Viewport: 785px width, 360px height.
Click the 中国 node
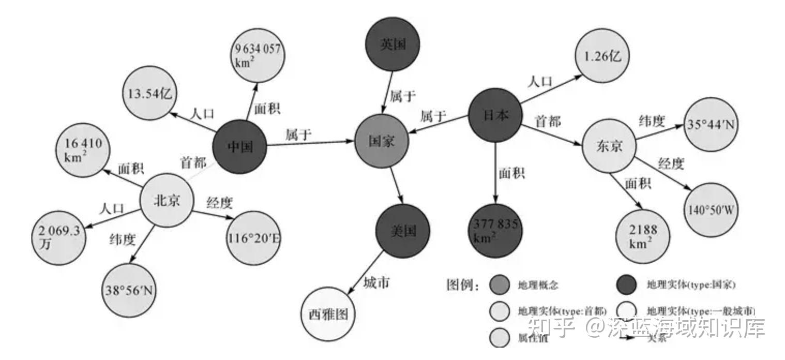coord(240,147)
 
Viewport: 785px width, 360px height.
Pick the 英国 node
coord(392,44)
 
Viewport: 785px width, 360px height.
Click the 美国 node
coord(403,231)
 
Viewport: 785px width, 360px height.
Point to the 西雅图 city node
coord(328,314)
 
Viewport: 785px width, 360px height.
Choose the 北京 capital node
coord(167,200)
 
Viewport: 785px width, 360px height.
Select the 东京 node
coord(609,147)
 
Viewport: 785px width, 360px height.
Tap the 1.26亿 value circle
coord(602,56)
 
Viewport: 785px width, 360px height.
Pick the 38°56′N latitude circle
coord(130,290)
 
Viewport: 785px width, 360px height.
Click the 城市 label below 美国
coord(376,283)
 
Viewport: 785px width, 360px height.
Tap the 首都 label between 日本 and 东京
coord(547,122)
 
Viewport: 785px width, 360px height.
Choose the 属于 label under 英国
coord(403,96)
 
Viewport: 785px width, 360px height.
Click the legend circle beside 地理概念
coord(500,284)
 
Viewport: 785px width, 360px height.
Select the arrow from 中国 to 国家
coord(310,144)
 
